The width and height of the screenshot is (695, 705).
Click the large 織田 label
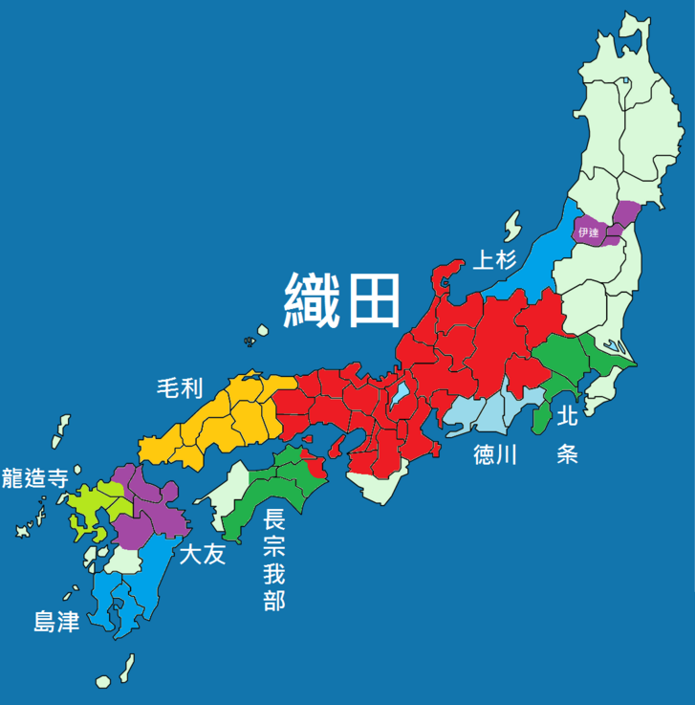coord(342,299)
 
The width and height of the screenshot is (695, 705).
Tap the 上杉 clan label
coord(495,258)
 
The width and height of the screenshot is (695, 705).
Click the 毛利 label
coord(180,387)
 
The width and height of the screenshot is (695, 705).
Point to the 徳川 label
coord(494,455)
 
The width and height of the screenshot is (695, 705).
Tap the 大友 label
coord(202,553)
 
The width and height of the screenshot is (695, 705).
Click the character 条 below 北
coord(567,453)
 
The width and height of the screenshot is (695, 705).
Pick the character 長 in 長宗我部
coord(273,522)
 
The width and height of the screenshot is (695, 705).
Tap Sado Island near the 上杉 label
coord(513,228)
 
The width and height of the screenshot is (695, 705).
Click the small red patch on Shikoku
coord(315,467)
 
